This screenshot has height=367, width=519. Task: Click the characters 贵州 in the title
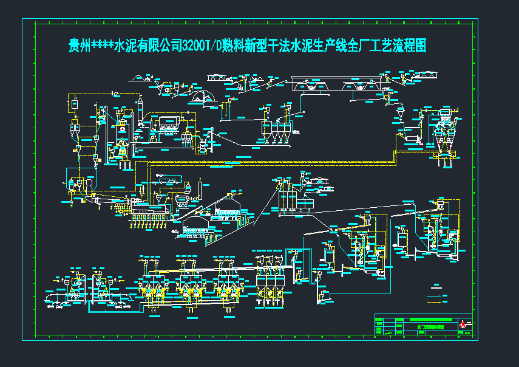point(79,46)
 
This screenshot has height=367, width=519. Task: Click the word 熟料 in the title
point(235,46)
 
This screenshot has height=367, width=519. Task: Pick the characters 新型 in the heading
point(259,46)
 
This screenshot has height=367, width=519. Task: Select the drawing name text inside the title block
point(431,327)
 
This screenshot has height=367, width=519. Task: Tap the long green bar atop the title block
point(432,319)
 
